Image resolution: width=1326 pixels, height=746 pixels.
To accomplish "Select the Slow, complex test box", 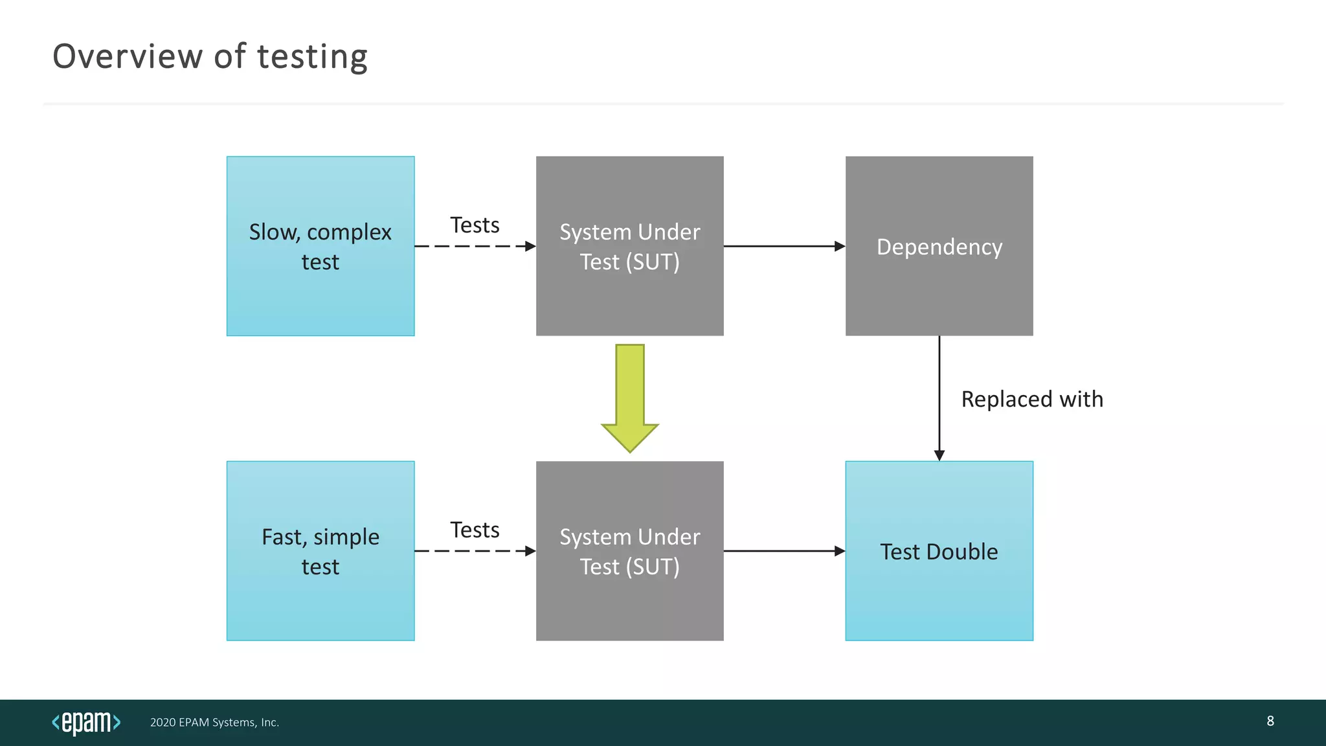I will tap(320, 246).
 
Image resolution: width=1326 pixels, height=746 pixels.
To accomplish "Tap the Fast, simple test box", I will tap(320, 551).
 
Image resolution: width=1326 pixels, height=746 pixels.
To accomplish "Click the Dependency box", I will tap(939, 246).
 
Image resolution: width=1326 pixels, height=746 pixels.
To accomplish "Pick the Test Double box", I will tap(939, 551).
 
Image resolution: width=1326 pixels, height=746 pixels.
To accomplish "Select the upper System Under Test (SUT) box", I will tap(629, 246).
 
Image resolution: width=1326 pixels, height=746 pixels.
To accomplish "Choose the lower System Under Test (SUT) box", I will tap(629, 551).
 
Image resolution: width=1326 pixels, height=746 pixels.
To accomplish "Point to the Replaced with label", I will tap(1032, 399).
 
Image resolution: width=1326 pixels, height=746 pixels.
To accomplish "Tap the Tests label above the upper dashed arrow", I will tap(475, 225).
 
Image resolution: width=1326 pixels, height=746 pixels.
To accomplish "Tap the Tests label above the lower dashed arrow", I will tap(475, 530).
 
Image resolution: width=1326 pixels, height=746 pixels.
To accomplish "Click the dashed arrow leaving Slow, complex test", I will tap(475, 246).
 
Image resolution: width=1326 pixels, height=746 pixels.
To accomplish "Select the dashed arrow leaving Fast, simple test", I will tap(475, 551).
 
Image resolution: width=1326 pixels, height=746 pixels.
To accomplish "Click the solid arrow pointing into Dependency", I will tap(784, 246).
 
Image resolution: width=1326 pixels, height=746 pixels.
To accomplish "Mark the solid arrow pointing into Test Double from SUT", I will tap(784, 551).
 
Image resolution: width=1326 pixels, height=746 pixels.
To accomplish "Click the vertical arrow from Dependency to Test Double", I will tap(939, 398).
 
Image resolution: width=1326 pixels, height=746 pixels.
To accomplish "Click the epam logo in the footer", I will tap(86, 722).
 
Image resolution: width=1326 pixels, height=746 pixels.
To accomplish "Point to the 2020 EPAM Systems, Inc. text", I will tap(214, 722).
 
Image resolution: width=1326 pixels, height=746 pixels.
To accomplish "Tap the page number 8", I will tap(1270, 721).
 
